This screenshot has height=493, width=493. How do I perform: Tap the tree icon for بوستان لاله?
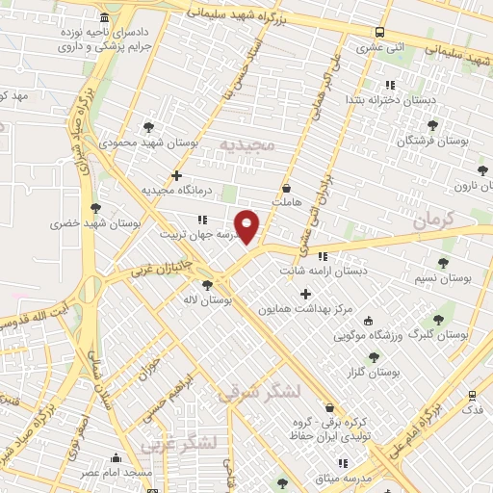click(x=207, y=284)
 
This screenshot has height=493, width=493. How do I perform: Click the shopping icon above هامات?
click(x=286, y=188)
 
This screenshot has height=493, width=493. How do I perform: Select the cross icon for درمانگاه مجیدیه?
click(x=175, y=175)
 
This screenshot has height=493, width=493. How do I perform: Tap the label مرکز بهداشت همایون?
click(x=306, y=310)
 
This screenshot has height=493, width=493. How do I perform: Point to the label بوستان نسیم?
click(x=448, y=279)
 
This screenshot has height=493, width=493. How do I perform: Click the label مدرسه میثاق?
click(x=342, y=479)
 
